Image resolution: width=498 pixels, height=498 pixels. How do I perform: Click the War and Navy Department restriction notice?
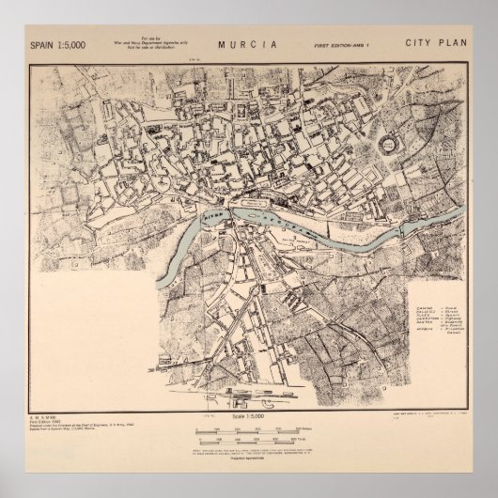[x=151, y=45]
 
